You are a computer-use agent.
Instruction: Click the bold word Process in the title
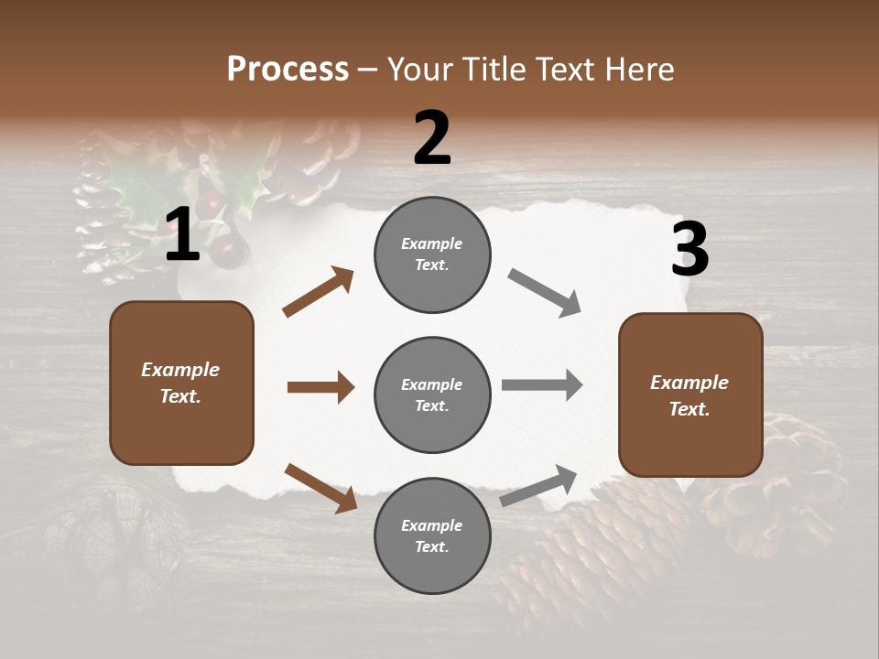(x=288, y=69)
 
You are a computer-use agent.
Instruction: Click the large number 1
(x=182, y=235)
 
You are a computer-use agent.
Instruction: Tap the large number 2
(x=432, y=138)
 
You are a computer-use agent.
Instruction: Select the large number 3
(x=689, y=249)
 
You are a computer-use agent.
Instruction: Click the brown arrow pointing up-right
(x=318, y=292)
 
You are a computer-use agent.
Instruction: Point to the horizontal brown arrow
(x=320, y=387)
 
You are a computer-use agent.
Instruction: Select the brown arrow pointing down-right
(x=320, y=487)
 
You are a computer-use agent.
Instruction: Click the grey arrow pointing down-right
(x=544, y=293)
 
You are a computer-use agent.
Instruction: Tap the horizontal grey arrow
(x=541, y=384)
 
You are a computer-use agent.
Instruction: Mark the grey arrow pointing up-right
(x=538, y=486)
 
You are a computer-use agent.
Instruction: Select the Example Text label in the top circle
(x=431, y=254)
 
